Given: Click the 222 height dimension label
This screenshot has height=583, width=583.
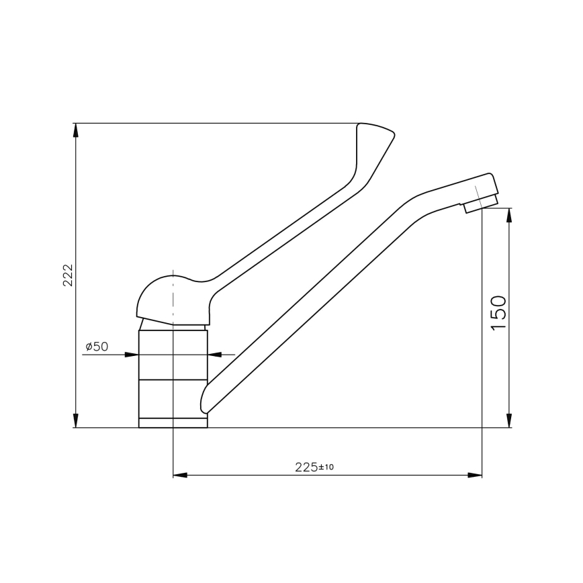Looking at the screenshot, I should click(x=68, y=275).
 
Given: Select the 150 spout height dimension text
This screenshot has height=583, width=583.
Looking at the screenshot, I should click(x=498, y=312).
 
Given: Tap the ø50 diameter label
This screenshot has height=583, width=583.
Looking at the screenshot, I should click(x=97, y=347).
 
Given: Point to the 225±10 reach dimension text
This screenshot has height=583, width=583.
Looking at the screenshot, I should click(x=314, y=467).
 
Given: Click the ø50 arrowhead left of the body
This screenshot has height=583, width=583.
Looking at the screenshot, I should click(x=132, y=354).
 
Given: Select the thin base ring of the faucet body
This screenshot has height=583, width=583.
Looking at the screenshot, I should click(x=173, y=422).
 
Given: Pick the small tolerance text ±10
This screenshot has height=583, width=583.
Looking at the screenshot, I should click(x=326, y=467).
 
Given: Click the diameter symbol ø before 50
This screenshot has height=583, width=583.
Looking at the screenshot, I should click(x=89, y=347).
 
